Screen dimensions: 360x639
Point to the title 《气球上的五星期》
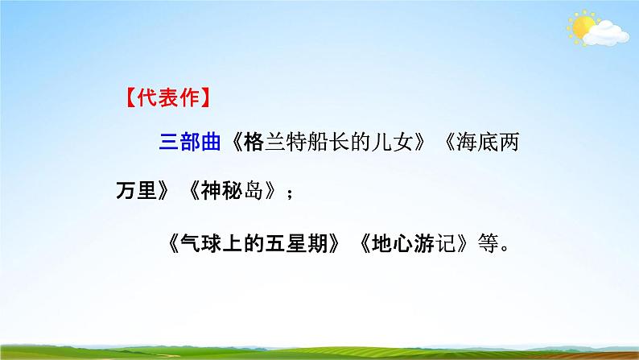point(255,242)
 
